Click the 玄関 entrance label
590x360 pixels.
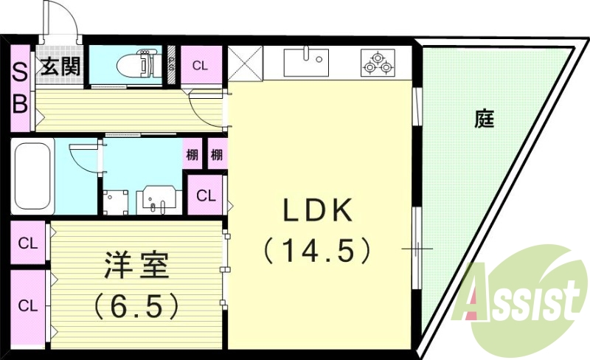[60, 66]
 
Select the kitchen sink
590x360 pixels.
[306, 61]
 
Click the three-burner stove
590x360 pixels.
[378, 63]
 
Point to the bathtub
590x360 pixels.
[32, 176]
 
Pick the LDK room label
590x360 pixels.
[318, 210]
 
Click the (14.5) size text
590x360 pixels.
[318, 250]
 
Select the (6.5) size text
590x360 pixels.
[136, 305]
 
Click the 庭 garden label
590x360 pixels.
[485, 118]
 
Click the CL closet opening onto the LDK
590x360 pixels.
[206, 195]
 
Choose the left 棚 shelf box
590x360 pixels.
[192, 153]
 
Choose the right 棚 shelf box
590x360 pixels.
[217, 153]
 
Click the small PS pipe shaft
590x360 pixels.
[171, 65]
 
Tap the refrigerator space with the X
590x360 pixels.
[246, 63]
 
